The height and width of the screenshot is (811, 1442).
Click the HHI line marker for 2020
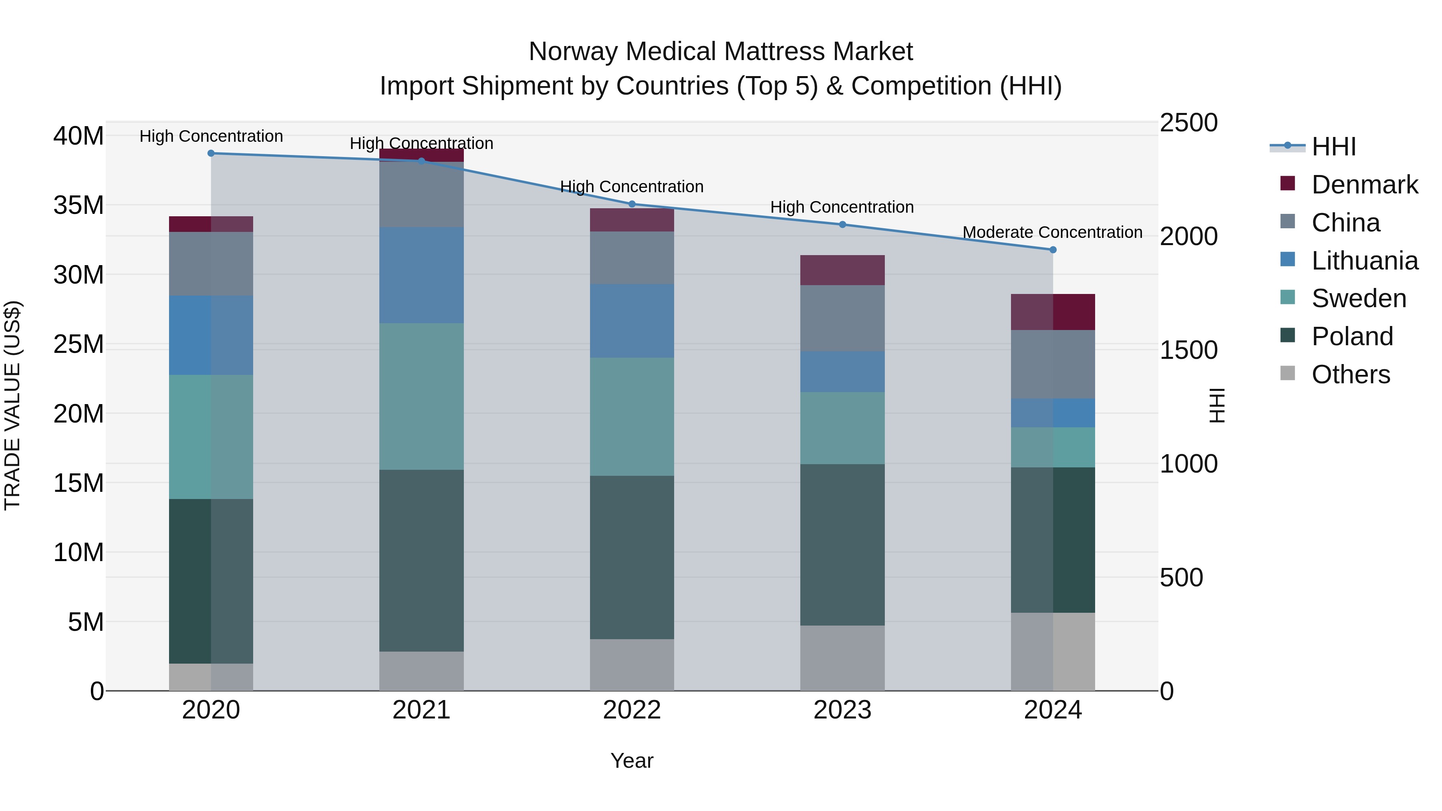211,153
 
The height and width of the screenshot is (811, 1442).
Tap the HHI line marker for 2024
1053,250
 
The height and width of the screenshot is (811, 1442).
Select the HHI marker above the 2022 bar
632,204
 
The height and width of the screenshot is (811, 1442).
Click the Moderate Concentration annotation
1052,232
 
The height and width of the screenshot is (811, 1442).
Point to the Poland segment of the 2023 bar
842,545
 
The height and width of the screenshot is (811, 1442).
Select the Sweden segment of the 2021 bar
421,396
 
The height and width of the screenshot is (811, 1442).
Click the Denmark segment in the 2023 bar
842,270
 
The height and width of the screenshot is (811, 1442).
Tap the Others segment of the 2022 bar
632,665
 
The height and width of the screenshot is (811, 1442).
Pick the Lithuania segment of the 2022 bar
632,321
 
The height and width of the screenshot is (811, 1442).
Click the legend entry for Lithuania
1364,261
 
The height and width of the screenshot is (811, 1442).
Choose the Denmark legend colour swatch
1287,183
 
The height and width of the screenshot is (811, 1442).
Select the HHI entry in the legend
1333,147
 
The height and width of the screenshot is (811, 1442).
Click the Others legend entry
1350,374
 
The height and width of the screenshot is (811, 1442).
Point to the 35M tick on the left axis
79,205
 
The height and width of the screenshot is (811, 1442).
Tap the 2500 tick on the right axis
1188,123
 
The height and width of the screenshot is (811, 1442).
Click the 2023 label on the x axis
842,710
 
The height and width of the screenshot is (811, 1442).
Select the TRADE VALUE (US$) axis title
12,405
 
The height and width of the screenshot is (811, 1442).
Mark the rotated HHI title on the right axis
1217,405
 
